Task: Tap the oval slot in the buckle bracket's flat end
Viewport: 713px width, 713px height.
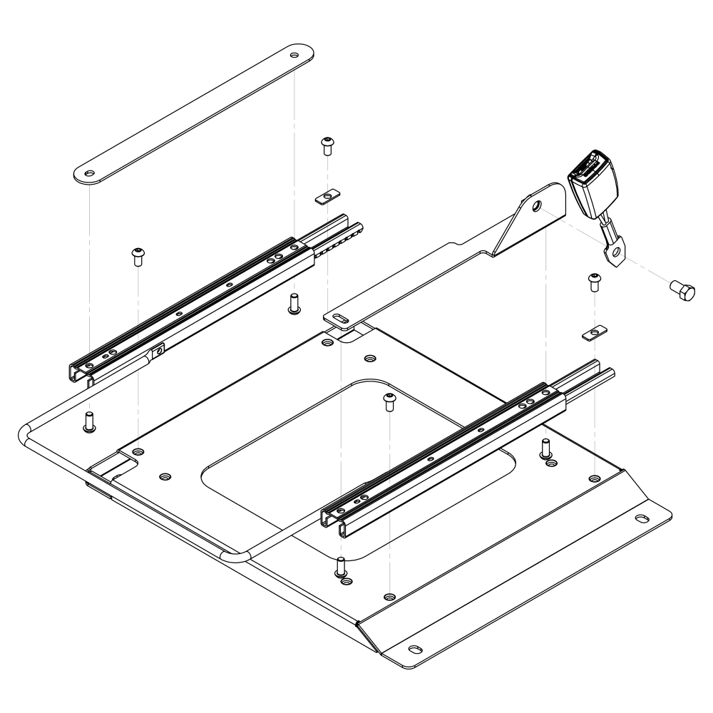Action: [342, 318]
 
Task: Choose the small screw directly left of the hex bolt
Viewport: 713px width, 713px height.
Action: [593, 282]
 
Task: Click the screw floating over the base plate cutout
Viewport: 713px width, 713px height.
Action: [389, 401]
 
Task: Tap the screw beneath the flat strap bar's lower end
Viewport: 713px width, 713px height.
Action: [137, 256]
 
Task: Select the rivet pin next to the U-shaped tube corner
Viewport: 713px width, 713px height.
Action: [90, 421]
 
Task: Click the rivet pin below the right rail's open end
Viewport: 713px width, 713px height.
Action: [545, 448]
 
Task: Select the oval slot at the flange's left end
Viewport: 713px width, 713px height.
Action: [414, 648]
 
